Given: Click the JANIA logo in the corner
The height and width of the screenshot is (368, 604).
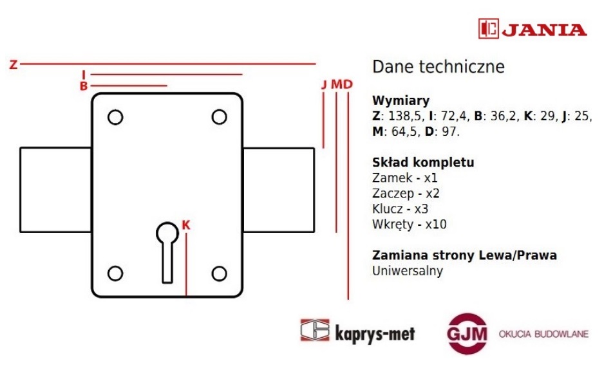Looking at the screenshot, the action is point(533,29).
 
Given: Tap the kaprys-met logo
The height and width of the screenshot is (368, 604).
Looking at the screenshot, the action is point(357,331).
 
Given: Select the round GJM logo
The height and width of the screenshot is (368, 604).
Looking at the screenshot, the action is point(467,333).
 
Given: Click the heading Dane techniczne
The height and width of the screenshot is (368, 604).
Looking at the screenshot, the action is point(439,67).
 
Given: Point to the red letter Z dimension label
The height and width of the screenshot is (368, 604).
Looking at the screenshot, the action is point(14,64).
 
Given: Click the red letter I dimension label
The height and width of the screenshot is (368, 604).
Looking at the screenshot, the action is point(84,75).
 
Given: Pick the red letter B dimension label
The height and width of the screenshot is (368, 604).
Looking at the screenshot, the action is point(84,86).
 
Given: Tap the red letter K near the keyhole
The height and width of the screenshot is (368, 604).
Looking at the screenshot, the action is point(185,225).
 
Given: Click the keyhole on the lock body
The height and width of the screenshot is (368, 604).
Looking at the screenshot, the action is point(167,252).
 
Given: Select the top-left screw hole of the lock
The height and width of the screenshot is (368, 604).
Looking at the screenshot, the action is point(115,117).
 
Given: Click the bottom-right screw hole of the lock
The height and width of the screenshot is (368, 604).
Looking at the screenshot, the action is point(219,273).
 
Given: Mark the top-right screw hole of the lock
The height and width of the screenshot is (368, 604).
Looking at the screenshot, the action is point(219,117).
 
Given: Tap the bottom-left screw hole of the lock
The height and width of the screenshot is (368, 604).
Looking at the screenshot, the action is point(115,273).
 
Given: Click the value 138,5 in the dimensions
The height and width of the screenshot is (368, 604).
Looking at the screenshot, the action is point(404,116).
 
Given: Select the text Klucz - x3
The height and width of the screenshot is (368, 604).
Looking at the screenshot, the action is point(400,209).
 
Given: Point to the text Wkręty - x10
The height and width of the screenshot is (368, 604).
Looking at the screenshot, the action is point(409,225).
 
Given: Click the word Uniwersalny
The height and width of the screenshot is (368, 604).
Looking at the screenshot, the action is point(408,271).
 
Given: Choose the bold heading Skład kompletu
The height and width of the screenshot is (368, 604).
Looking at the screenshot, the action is point(423,162).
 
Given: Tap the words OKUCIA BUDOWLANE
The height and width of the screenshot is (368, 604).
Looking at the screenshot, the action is point(543,334).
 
